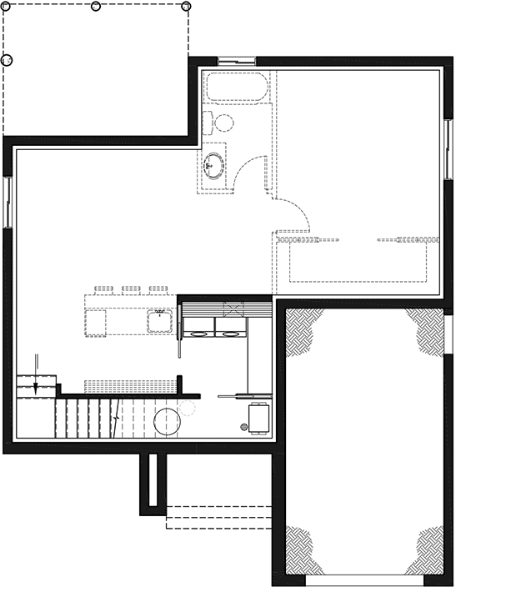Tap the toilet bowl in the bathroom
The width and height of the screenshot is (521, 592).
click(223, 123)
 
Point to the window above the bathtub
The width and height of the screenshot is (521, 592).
click(236, 60)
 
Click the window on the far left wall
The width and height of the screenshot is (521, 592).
click(8, 201)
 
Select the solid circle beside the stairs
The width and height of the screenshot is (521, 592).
click(166, 422)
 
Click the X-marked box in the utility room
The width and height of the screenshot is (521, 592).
click(233, 309)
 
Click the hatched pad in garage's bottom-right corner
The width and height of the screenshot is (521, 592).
click(426, 551)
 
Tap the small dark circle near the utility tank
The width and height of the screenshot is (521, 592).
click(243, 428)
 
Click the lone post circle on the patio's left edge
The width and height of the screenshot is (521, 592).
click(7, 61)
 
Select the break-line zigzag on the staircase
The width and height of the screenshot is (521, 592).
click(117, 414)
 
